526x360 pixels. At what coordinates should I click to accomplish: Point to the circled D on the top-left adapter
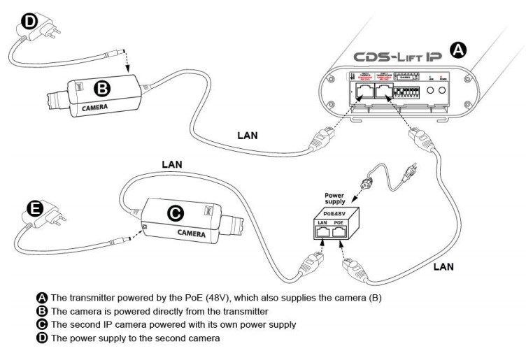(x=29, y=21)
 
